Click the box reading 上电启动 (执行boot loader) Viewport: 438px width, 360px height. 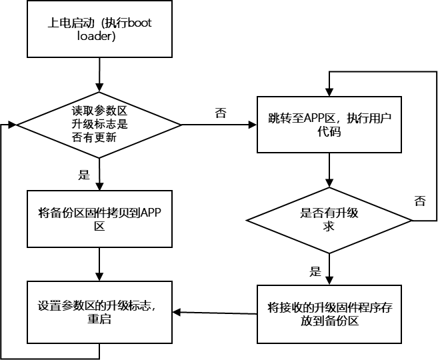pos(99,29)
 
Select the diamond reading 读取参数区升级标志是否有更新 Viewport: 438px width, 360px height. pos(99,125)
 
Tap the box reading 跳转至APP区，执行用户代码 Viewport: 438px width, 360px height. pos(329,125)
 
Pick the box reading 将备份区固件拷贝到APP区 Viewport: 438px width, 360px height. pos(99,219)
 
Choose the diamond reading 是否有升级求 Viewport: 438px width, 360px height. pos(329,220)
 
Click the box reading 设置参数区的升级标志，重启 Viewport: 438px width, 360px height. pos(99,312)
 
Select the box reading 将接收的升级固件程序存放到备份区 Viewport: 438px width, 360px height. pos(329,314)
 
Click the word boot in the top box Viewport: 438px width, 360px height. pos(139,23)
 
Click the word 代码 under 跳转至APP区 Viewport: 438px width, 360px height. pos(329,132)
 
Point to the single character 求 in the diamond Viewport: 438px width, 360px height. pos(329,227)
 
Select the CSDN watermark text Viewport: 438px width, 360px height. pos(365,348)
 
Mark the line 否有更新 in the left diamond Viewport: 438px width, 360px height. pos(99,138)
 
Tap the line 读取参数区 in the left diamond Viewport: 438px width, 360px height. pos(99,111)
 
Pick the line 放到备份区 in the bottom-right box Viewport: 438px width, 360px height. pos(329,321)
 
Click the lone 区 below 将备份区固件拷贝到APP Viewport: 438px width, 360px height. pos(99,227)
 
